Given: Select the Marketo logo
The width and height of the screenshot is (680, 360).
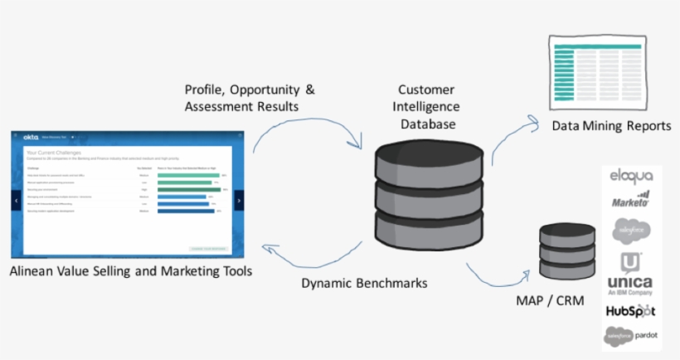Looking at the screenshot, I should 631,200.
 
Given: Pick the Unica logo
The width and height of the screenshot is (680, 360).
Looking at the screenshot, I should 629,273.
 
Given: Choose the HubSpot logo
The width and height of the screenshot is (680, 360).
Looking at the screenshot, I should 630,311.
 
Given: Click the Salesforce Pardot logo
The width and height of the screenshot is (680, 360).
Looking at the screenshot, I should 631,337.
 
